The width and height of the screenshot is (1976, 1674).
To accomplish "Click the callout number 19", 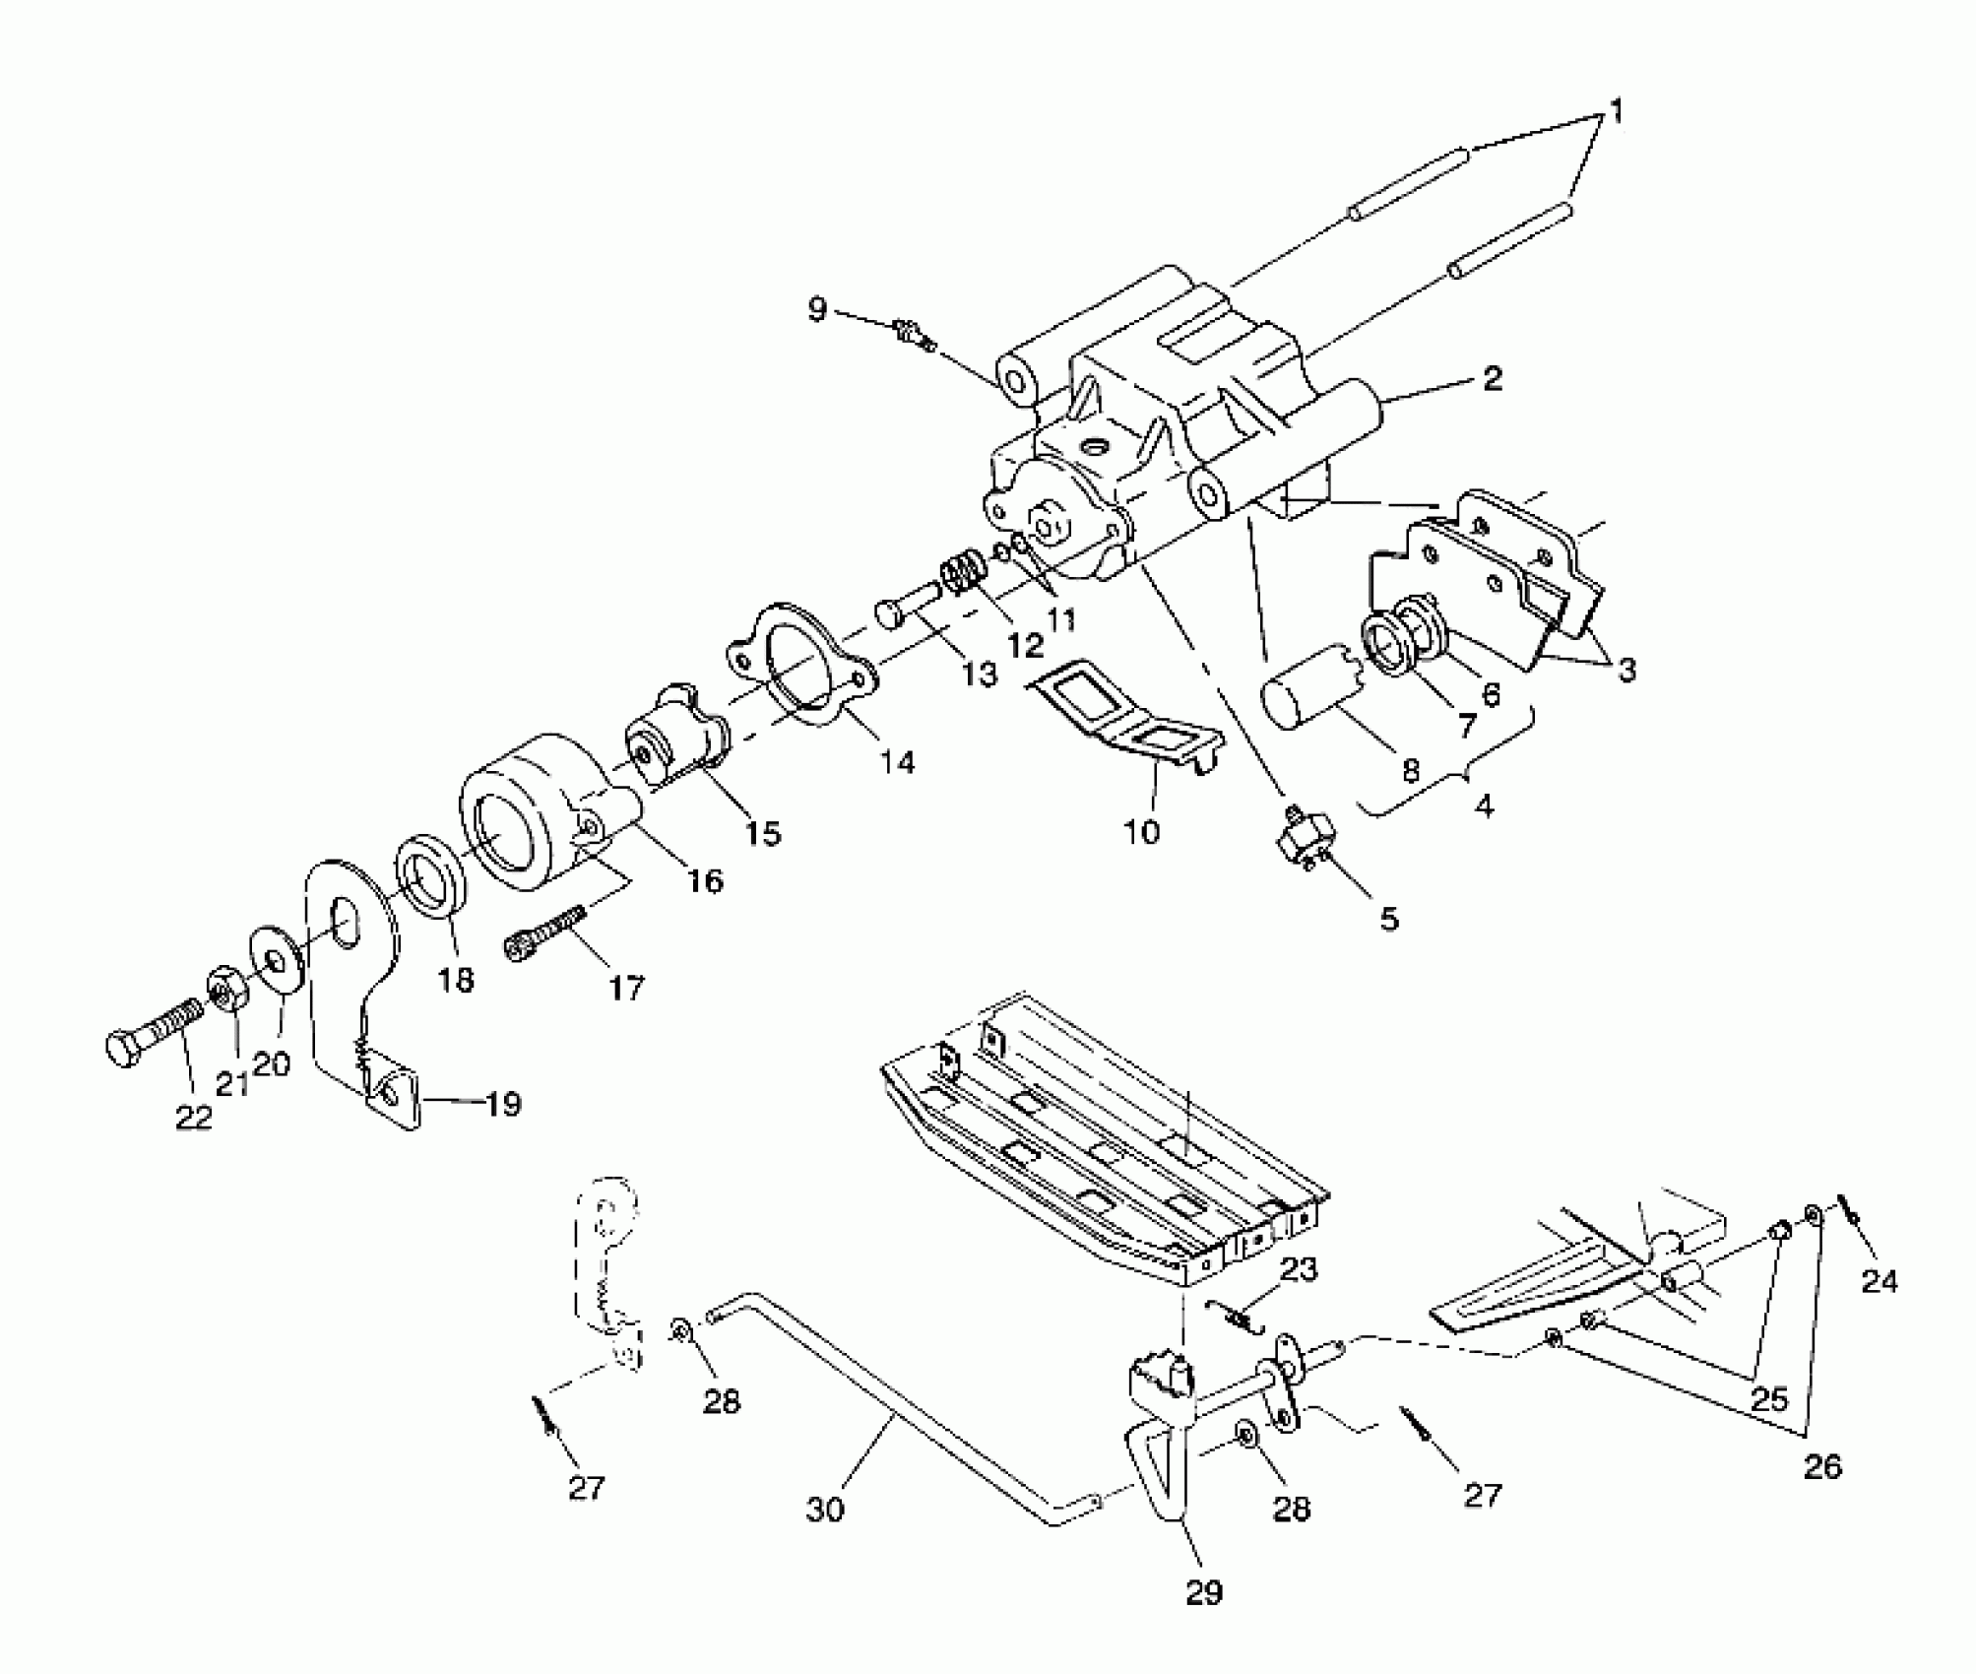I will point(502,1104).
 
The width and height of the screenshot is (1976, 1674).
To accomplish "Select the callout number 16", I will point(705,879).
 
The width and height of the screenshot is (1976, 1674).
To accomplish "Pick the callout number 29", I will point(1203,1591).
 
